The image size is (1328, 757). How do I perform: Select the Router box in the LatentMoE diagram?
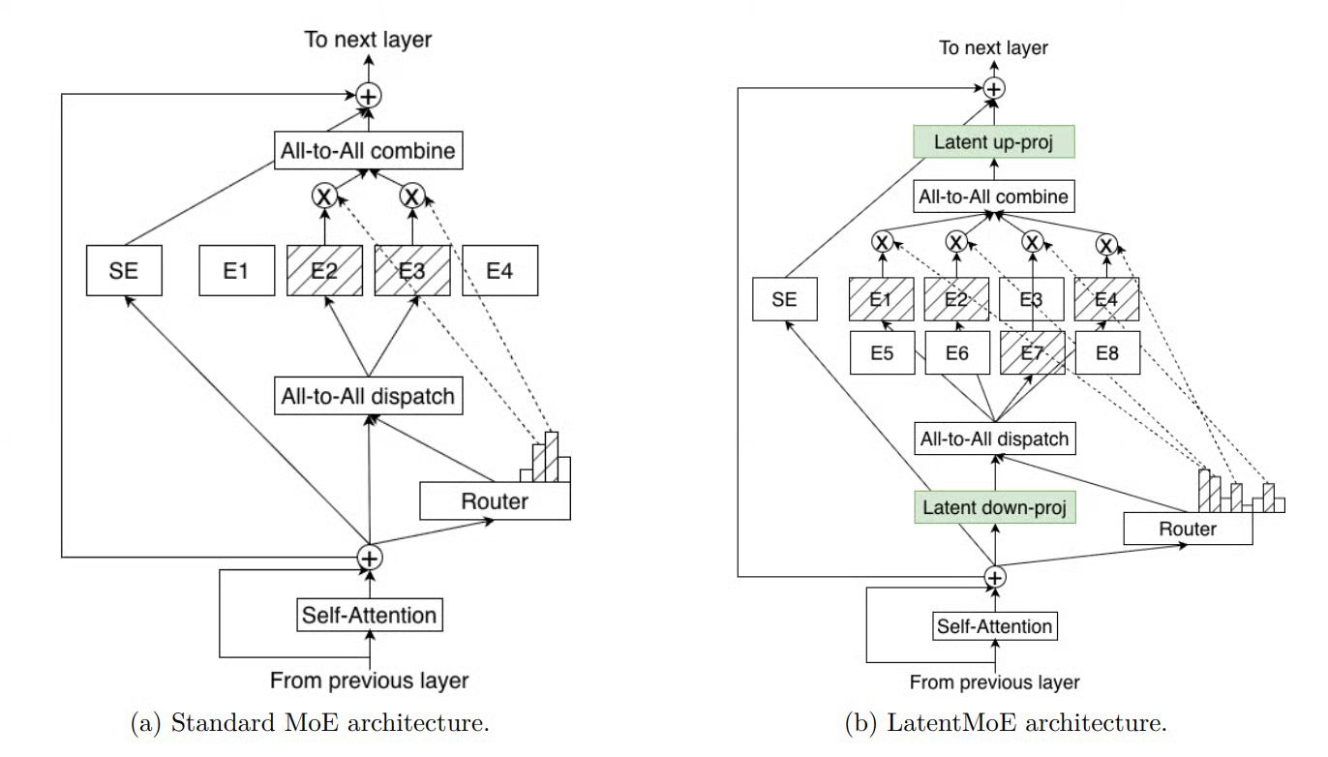(1188, 529)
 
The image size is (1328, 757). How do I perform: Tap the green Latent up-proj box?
(994, 142)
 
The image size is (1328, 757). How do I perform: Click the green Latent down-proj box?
(994, 506)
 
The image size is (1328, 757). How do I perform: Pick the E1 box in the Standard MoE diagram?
(237, 270)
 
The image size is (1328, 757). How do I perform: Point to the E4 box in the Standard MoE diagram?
(498, 270)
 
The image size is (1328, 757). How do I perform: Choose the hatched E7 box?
(1033, 353)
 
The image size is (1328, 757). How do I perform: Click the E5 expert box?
(882, 353)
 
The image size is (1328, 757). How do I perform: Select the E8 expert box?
(1108, 353)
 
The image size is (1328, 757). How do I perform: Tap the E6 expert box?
(957, 353)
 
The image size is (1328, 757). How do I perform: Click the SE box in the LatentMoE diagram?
(785, 299)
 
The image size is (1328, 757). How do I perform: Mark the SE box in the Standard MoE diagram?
(124, 270)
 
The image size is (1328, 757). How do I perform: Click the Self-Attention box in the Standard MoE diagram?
(369, 614)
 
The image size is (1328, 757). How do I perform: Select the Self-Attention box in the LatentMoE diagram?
(994, 626)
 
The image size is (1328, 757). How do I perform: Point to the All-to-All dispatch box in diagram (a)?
(367, 395)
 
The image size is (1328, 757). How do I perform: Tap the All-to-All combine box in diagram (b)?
(994, 197)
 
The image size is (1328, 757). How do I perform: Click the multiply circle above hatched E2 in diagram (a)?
(324, 196)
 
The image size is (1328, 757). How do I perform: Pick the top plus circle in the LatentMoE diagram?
(994, 88)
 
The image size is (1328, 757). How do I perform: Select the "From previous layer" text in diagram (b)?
(994, 681)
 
